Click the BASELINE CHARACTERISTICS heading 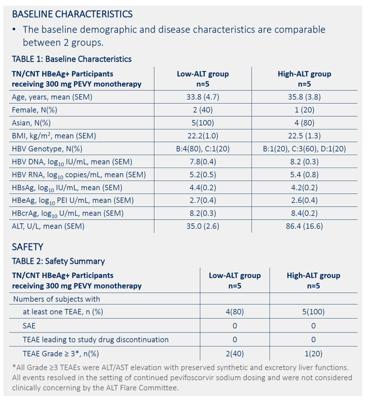tap(72, 14)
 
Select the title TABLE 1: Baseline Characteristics tap(72, 59)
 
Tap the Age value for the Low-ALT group tap(203, 97)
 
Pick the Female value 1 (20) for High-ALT tap(305, 110)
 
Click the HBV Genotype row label tap(47, 149)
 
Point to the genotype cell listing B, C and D tap(305, 149)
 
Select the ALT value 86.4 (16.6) tap(305, 226)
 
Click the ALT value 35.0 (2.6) tap(203, 226)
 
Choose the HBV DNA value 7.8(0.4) tap(203, 162)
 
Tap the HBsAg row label tap(67, 188)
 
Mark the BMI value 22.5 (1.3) tap(305, 136)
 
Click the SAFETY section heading tap(28, 247)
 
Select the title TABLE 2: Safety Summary tap(58, 261)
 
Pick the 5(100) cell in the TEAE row tap(314, 312)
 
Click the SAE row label tap(29, 326)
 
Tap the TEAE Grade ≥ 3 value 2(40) tap(235, 353)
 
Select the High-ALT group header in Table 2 tap(314, 276)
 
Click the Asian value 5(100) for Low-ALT tap(203, 123)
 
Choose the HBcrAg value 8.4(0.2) tap(305, 214)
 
